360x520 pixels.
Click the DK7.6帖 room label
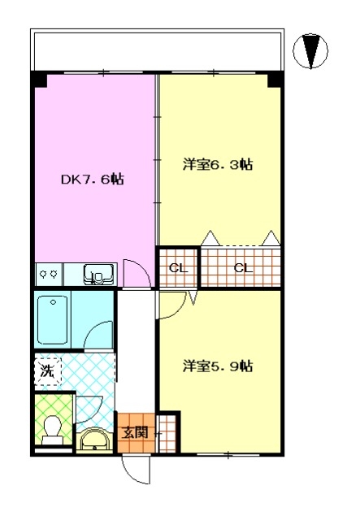click(93, 180)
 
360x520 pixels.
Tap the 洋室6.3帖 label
click(218, 164)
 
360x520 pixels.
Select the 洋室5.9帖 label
click(218, 366)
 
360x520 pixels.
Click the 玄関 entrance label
click(134, 433)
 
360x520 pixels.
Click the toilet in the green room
click(53, 430)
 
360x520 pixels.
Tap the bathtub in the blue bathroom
click(53, 319)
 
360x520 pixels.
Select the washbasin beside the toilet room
click(94, 440)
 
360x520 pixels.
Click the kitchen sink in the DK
click(99, 274)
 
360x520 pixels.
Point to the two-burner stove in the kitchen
click(49, 274)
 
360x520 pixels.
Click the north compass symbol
click(310, 50)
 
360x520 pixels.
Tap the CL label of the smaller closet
click(178, 268)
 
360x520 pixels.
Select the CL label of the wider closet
click(243, 268)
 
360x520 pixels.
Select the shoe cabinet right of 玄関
click(167, 432)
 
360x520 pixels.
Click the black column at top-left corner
click(39, 80)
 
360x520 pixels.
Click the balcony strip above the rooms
click(158, 50)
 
